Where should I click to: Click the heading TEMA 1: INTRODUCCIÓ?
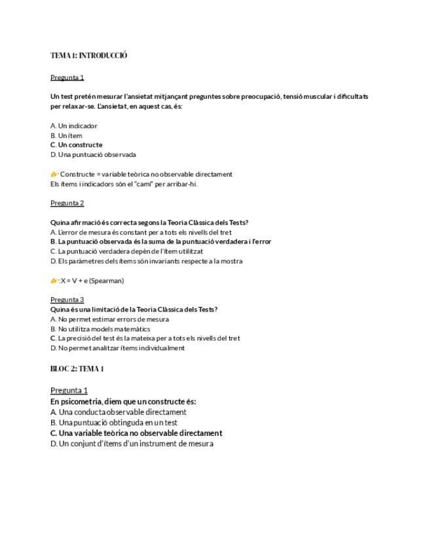click(88, 56)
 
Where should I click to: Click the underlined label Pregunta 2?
click(67, 203)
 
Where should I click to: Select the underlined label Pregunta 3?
click(67, 300)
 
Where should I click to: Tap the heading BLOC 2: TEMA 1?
click(77, 368)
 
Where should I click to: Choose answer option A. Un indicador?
click(73, 126)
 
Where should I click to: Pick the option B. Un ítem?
click(66, 135)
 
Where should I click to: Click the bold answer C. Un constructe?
click(76, 145)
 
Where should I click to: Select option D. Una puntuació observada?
click(93, 155)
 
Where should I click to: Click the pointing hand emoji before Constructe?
click(54, 174)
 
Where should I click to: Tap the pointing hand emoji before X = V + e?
click(54, 281)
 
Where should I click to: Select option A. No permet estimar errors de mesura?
click(109, 319)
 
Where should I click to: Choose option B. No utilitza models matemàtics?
click(100, 329)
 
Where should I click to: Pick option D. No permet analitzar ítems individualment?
click(117, 348)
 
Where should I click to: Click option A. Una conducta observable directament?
click(118, 412)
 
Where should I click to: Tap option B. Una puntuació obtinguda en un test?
click(113, 423)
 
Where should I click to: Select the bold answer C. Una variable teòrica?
click(136, 433)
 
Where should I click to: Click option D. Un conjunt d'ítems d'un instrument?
click(132, 444)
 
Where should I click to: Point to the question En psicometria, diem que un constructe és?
click(123, 402)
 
